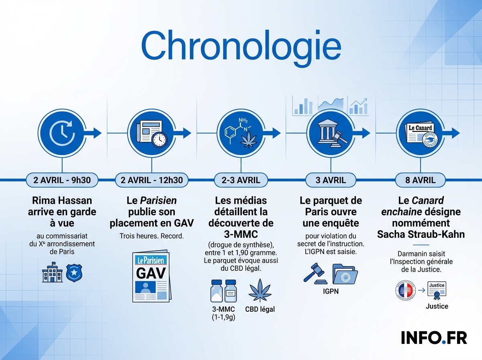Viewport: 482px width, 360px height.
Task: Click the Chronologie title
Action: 241,45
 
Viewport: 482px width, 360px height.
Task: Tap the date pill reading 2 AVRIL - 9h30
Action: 62,180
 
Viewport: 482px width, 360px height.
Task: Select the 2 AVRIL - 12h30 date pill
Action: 151,180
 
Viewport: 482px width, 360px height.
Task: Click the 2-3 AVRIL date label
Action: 241,180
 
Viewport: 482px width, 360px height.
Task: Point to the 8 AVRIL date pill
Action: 421,180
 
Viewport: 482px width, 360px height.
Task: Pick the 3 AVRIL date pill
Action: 331,180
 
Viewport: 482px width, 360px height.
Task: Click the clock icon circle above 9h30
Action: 62,133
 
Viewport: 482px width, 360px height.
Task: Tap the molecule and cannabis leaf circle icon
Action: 241,133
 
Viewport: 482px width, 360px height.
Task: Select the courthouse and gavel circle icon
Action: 331,133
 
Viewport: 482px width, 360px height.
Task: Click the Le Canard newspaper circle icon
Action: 421,133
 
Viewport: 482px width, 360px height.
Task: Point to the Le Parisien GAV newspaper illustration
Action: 151,277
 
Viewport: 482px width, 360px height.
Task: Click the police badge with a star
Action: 74,274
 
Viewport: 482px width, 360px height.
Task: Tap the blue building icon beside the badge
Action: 52,273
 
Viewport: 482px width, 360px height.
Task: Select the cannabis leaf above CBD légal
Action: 259,290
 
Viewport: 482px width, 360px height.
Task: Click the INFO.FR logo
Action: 434,338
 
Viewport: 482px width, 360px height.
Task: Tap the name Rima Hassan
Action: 62,200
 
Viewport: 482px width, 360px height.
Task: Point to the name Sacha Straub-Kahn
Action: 421,234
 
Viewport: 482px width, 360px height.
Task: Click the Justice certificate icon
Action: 437,290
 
